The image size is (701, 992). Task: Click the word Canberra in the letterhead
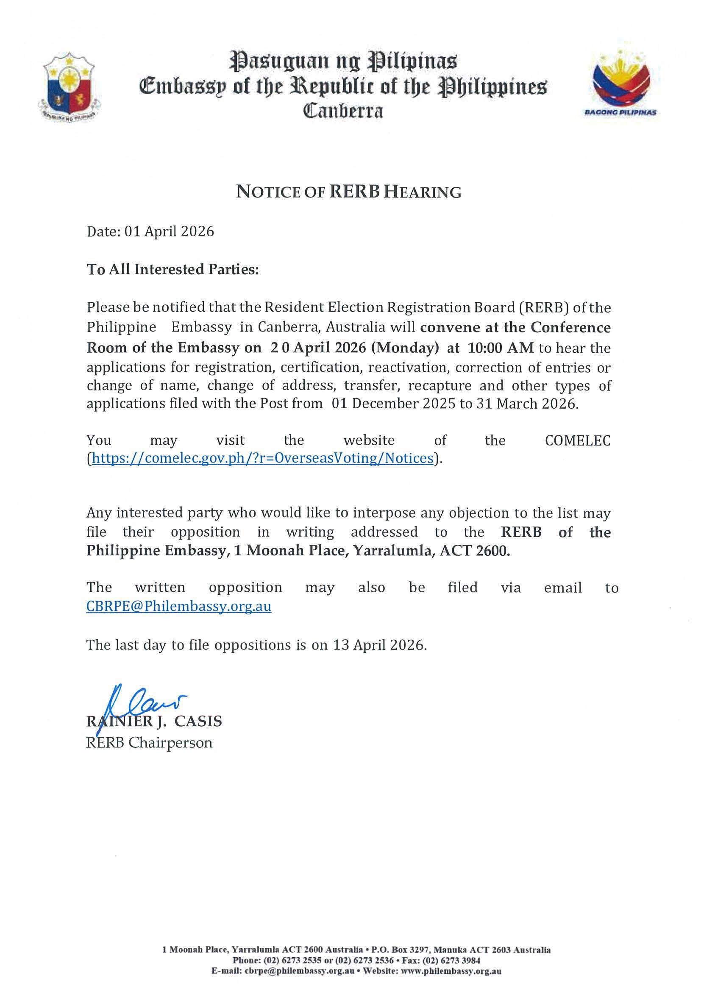[x=343, y=111]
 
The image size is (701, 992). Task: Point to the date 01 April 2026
[x=169, y=231]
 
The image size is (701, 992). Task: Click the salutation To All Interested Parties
[x=173, y=269]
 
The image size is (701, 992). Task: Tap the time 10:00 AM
[x=501, y=348]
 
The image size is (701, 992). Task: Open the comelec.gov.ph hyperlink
[x=263, y=458]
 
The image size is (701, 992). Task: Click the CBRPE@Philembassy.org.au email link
[x=179, y=606]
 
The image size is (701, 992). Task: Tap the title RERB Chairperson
[x=150, y=743]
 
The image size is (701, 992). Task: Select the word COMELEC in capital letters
[x=578, y=440]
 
